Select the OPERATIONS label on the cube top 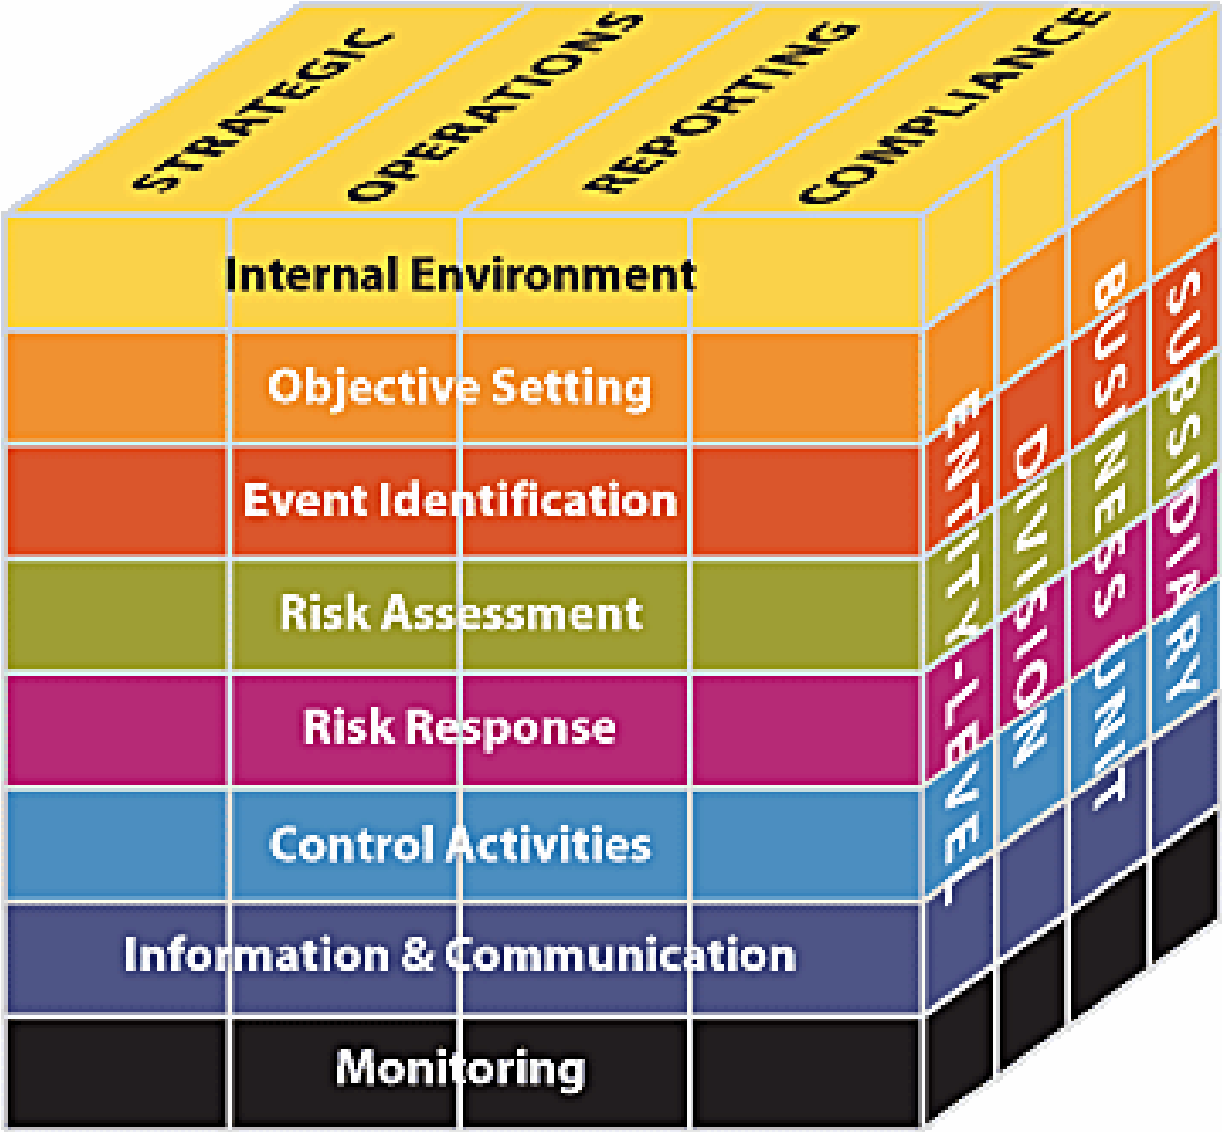pyautogui.click(x=494, y=107)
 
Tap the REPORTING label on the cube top pyautogui.click(x=720, y=106)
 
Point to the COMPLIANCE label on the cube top pyautogui.click(x=953, y=106)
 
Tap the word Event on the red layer pyautogui.click(x=305, y=500)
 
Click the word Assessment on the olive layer pyautogui.click(x=511, y=613)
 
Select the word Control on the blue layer pyautogui.click(x=351, y=844)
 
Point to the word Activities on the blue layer pyautogui.click(x=548, y=844)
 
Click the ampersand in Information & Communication pyautogui.click(x=417, y=954)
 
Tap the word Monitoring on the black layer pyautogui.click(x=461, y=1069)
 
